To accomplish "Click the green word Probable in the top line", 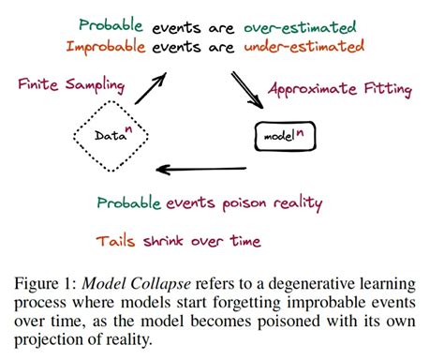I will [112, 25].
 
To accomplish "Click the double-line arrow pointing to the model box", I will [245, 92].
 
